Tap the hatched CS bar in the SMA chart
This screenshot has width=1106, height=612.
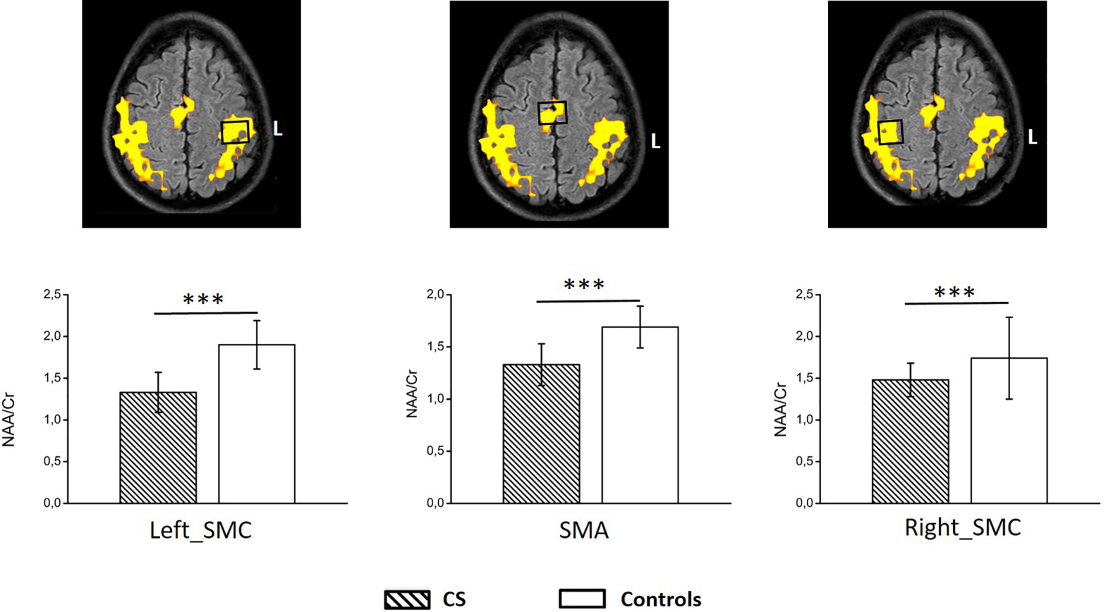(x=541, y=434)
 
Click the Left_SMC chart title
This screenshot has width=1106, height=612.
(x=201, y=530)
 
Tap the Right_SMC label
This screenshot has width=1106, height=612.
(x=963, y=528)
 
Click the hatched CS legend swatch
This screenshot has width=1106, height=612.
(x=407, y=600)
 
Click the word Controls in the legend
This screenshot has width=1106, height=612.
(x=661, y=599)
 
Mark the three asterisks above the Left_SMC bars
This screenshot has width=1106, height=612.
(x=203, y=299)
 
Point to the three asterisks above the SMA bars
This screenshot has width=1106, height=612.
(x=584, y=284)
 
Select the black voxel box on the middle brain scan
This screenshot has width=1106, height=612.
(x=552, y=113)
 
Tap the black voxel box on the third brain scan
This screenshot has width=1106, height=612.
(x=891, y=132)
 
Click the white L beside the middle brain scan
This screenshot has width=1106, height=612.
(x=655, y=141)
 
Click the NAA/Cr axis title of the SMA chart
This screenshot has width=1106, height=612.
(x=412, y=394)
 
